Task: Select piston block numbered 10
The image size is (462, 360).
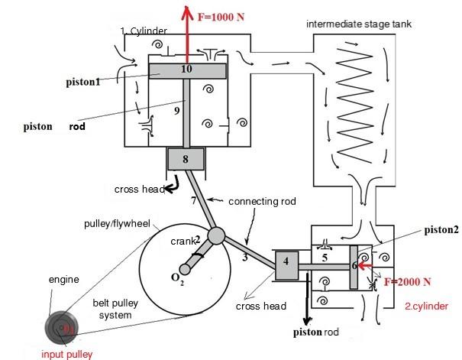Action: click(186, 70)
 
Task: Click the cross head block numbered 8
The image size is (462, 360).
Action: click(186, 160)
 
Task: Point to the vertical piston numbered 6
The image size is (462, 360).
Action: click(354, 267)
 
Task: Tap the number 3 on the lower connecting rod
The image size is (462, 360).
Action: click(244, 258)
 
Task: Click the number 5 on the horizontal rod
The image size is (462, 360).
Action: click(324, 259)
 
